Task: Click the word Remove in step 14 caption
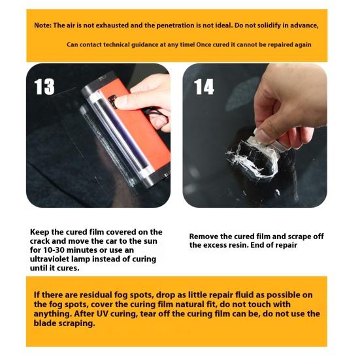pyautogui.click(x=205, y=236)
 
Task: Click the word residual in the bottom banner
pyautogui.click(x=93, y=295)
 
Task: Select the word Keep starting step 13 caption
pyautogui.click(x=40, y=232)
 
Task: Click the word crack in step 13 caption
pyautogui.click(x=43, y=241)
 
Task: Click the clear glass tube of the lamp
pyautogui.click(x=108, y=134)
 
